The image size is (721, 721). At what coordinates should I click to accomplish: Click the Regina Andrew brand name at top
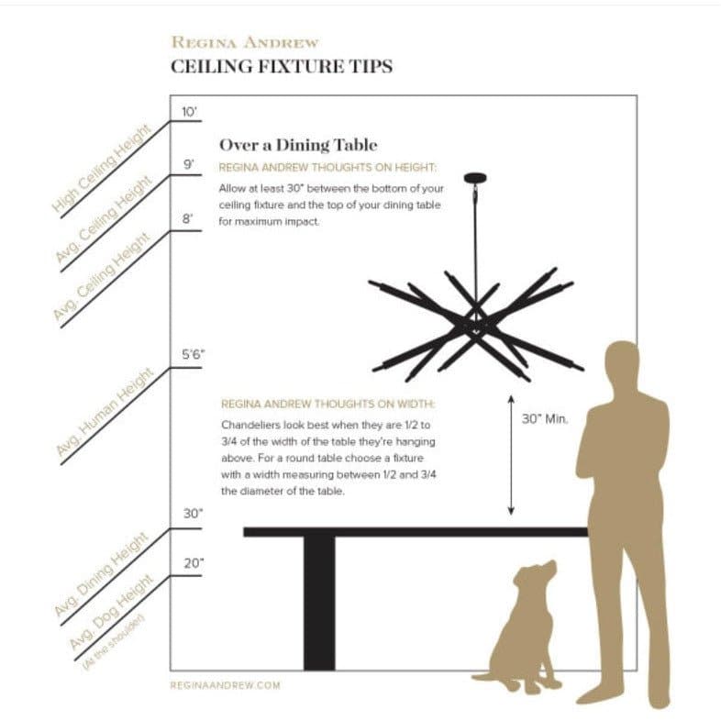click(x=245, y=42)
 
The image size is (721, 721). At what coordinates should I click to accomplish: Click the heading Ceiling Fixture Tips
click(x=282, y=66)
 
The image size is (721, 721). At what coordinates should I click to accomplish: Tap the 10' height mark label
click(x=189, y=112)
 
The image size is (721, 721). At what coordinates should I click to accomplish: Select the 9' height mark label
click(x=189, y=164)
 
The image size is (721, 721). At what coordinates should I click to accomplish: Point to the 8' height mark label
click(x=187, y=219)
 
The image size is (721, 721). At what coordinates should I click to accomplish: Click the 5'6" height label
click(x=194, y=354)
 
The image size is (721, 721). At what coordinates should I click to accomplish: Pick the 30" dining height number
click(x=194, y=513)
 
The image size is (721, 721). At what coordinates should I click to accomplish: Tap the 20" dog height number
click(x=194, y=563)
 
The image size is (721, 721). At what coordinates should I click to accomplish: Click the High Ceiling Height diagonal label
click(x=102, y=169)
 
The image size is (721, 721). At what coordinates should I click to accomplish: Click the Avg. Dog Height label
click(x=110, y=612)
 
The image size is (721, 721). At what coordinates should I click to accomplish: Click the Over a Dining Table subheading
click(x=298, y=145)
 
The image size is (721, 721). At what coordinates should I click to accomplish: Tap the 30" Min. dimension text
click(x=545, y=419)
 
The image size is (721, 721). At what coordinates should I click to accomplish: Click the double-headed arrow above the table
click(x=511, y=455)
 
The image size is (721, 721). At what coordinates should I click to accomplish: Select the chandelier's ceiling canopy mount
click(x=475, y=178)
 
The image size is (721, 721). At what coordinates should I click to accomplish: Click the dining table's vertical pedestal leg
click(x=319, y=604)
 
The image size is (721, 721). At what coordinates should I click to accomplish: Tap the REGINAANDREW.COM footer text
click(x=226, y=685)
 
